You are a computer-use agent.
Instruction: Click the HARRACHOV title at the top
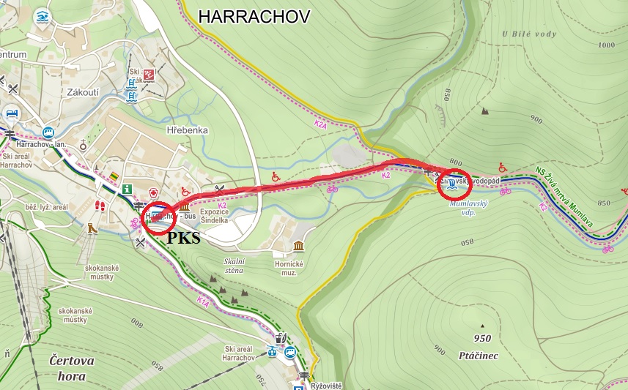coord(254,16)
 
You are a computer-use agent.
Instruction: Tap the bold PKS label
coord(184,238)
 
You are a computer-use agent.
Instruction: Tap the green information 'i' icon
coord(127,189)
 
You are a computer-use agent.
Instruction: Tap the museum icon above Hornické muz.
coord(298,246)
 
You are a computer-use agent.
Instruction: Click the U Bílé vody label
coord(529,34)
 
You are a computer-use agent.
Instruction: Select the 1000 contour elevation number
coord(606,45)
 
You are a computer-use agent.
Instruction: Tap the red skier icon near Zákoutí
coord(149,75)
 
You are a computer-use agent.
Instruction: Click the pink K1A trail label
coord(203,301)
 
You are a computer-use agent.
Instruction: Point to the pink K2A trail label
coord(320,125)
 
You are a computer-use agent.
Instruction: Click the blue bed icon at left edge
coord(12,113)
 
